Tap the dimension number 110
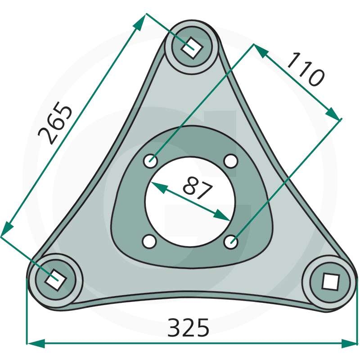click(x=306, y=69)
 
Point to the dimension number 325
click(x=188, y=328)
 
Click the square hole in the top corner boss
click(x=192, y=48)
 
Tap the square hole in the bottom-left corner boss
click(x=56, y=279)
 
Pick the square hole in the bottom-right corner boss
click(x=330, y=281)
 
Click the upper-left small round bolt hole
click(x=151, y=161)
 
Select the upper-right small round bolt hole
click(x=230, y=161)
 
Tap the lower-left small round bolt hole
click(x=149, y=241)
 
